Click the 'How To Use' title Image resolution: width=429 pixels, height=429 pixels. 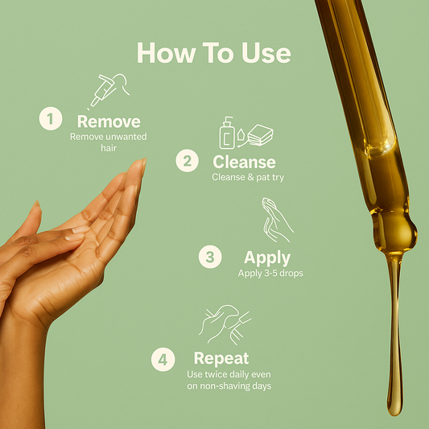pyautogui.click(x=213, y=53)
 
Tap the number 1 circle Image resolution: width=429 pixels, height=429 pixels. pyautogui.click(x=51, y=118)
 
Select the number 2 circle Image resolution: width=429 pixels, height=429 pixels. pyautogui.click(x=188, y=161)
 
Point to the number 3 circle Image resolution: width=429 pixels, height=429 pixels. pyautogui.click(x=210, y=257)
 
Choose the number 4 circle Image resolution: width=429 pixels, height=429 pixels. pyautogui.click(x=163, y=360)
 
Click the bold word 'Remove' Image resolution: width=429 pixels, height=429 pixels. pyautogui.click(x=109, y=122)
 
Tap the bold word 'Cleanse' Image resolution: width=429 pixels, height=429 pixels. pyautogui.click(x=245, y=162)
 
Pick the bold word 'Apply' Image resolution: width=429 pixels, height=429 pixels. pyautogui.click(x=267, y=258)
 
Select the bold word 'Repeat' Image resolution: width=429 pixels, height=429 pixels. pyautogui.click(x=221, y=359)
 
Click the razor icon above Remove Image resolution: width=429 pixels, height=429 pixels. pyautogui.click(x=109, y=91)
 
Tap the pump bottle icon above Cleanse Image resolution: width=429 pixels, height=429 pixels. pyautogui.click(x=227, y=133)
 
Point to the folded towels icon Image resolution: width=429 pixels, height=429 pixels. pyautogui.click(x=260, y=135)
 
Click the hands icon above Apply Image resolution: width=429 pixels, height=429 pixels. pyautogui.click(x=277, y=220)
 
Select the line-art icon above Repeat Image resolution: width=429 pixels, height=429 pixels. pyautogui.click(x=225, y=324)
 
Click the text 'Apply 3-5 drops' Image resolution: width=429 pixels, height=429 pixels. pyautogui.click(x=270, y=274)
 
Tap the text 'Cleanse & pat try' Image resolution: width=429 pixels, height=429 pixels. pyautogui.click(x=248, y=177)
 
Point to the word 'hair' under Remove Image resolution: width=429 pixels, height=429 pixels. pyautogui.click(x=109, y=148)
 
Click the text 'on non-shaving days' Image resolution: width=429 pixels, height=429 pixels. pyautogui.click(x=229, y=386)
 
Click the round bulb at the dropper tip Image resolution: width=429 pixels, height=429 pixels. pyautogui.click(x=394, y=232)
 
